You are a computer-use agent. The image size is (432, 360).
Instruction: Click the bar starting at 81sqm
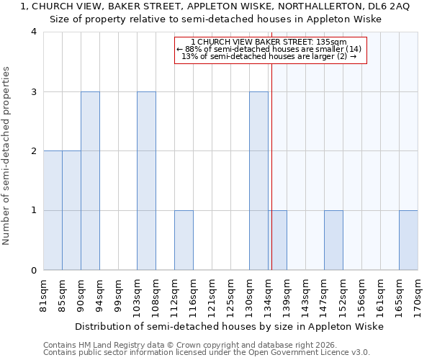coord(53,210)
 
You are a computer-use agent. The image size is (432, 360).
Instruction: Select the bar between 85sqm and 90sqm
coord(71,210)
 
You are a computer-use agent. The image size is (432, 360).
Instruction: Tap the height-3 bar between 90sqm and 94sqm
coord(90,181)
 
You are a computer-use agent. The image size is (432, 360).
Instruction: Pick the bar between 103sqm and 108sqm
coord(146,181)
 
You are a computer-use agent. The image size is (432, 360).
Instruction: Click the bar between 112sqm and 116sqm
coord(184,240)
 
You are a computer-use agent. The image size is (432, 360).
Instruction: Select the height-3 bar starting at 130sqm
coord(258,181)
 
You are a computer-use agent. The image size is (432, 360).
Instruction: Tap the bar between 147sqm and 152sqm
coord(333,240)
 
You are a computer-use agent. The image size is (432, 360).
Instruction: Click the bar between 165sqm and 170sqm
coord(408,240)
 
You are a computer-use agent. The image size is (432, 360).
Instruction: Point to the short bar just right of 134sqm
coord(279,240)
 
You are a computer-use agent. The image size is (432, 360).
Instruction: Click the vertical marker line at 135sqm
coord(271,166)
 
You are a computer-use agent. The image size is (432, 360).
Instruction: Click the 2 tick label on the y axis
coord(34,151)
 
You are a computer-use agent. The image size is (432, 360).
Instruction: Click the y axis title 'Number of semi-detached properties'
coord(7,156)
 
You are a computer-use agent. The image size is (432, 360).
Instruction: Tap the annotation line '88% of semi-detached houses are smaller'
coord(271,49)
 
